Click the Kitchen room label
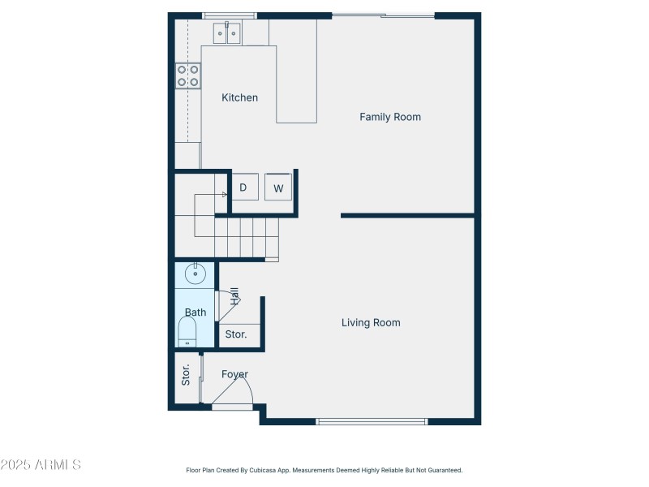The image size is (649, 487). point(240,97)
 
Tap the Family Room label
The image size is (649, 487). point(390,117)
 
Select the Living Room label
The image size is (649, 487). point(371,323)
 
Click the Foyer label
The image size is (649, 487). point(234,374)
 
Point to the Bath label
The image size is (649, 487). point(196,312)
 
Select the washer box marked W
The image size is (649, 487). point(278,188)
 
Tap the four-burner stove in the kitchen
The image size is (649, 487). point(188,75)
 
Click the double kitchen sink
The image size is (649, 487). point(227,34)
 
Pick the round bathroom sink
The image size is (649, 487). point(196,274)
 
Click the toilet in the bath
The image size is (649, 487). point(187,332)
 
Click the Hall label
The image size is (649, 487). point(234,295)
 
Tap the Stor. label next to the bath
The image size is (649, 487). point(236,334)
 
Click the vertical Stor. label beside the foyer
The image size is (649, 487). point(186,374)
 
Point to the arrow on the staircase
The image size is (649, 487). point(224,195)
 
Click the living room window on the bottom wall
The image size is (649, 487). point(372,421)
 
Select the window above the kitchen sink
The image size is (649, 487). point(229,15)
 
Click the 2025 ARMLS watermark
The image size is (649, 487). point(41,465)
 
